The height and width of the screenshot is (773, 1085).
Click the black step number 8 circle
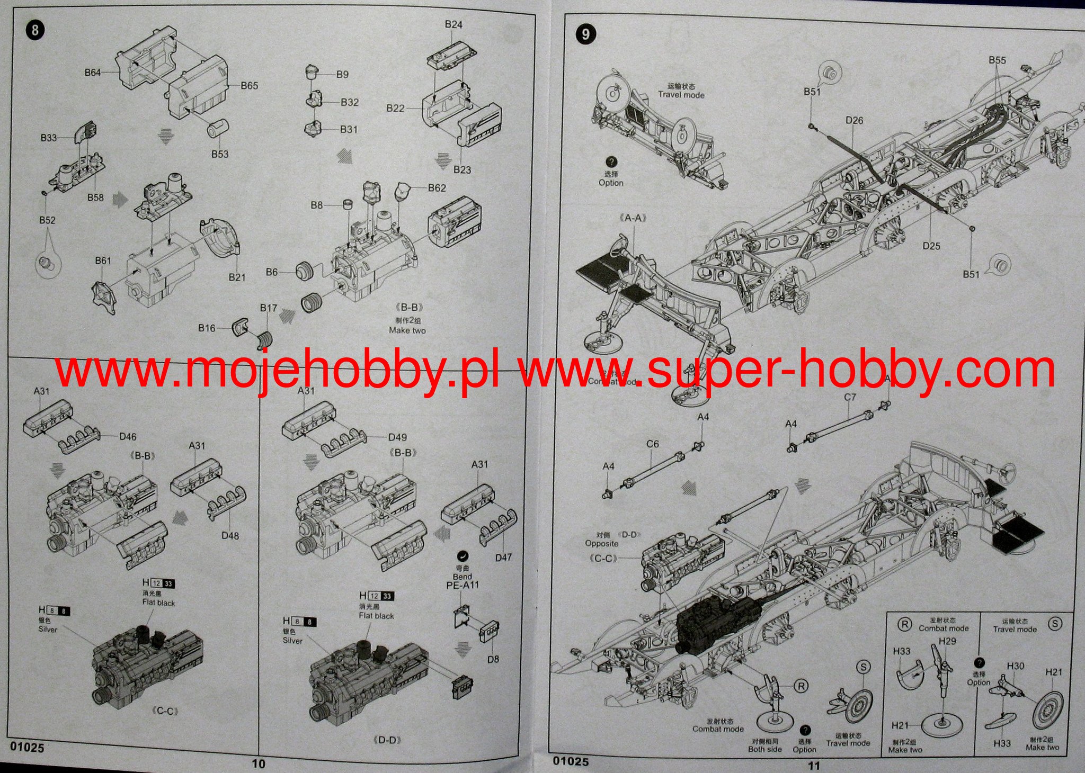[x=34, y=30]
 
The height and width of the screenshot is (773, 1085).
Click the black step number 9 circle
[x=585, y=34]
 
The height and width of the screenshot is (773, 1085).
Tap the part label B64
[x=93, y=73]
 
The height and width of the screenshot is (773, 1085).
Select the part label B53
[x=220, y=154]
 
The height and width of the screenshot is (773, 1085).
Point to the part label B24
[x=453, y=24]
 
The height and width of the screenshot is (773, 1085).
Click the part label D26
[x=854, y=121]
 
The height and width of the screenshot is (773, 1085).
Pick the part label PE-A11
[x=463, y=585]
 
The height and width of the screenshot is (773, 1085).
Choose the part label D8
[x=493, y=659]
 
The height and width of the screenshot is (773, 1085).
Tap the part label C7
[x=850, y=397]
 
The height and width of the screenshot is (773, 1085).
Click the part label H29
[x=947, y=641]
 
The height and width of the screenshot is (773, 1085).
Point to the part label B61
[x=103, y=260]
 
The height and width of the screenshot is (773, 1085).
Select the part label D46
[x=128, y=437]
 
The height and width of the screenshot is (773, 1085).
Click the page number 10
[x=259, y=763]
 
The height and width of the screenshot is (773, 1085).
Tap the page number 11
[x=813, y=765]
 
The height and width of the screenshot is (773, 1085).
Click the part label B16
[x=207, y=328]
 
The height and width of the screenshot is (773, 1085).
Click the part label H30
[x=1015, y=666]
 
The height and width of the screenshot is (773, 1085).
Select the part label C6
[x=653, y=444]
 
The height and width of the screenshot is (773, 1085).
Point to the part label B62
[x=437, y=188]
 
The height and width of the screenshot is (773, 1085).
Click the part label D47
[x=503, y=558]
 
